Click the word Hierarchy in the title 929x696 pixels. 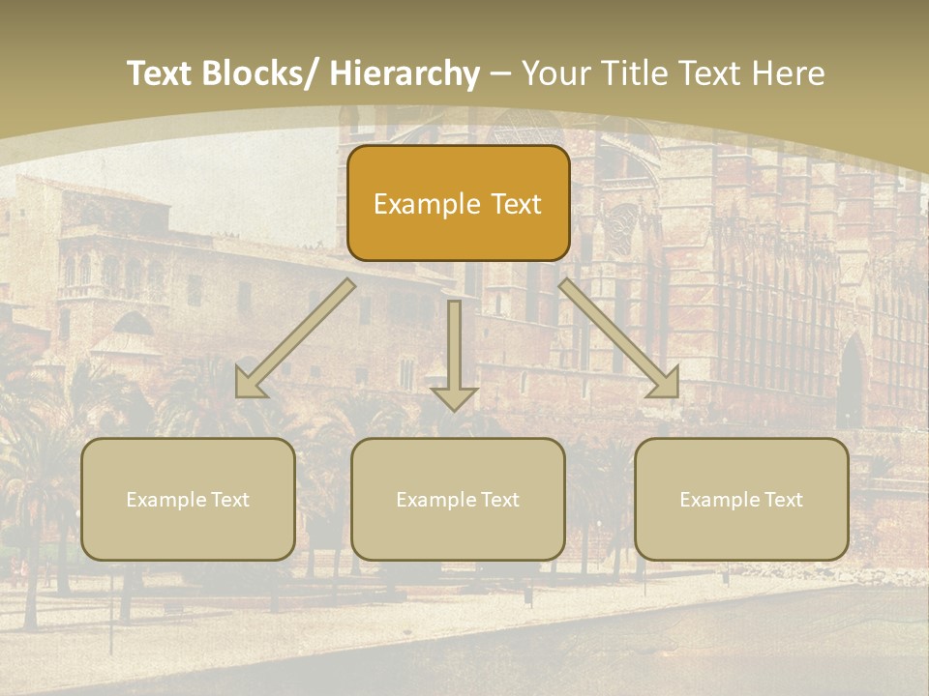tap(405, 73)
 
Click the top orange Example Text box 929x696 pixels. tap(458, 203)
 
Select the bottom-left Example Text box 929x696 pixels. tap(188, 499)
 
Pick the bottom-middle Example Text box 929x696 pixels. tap(458, 499)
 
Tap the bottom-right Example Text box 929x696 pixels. tap(741, 499)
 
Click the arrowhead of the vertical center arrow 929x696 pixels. tap(454, 397)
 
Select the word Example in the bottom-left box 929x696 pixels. tap(165, 500)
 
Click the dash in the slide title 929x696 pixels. tap(500, 74)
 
